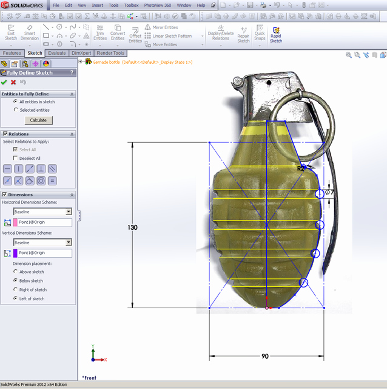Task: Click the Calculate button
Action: pyautogui.click(x=38, y=120)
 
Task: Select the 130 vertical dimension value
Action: pyautogui.click(x=132, y=227)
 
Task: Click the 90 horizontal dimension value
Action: pyautogui.click(x=265, y=356)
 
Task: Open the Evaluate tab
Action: pyautogui.click(x=56, y=53)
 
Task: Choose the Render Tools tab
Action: pyautogui.click(x=110, y=53)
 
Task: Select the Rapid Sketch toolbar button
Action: pyautogui.click(x=276, y=34)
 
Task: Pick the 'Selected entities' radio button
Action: pyautogui.click(x=16, y=110)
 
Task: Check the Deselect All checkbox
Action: pyautogui.click(x=16, y=158)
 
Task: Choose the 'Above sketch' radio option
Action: pyautogui.click(x=16, y=272)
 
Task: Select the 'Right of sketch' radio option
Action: pyautogui.click(x=16, y=290)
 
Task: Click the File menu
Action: pyautogui.click(x=56, y=5)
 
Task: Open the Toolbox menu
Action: pyautogui.click(x=131, y=5)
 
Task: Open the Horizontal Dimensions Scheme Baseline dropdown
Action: pyautogui.click(x=69, y=212)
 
